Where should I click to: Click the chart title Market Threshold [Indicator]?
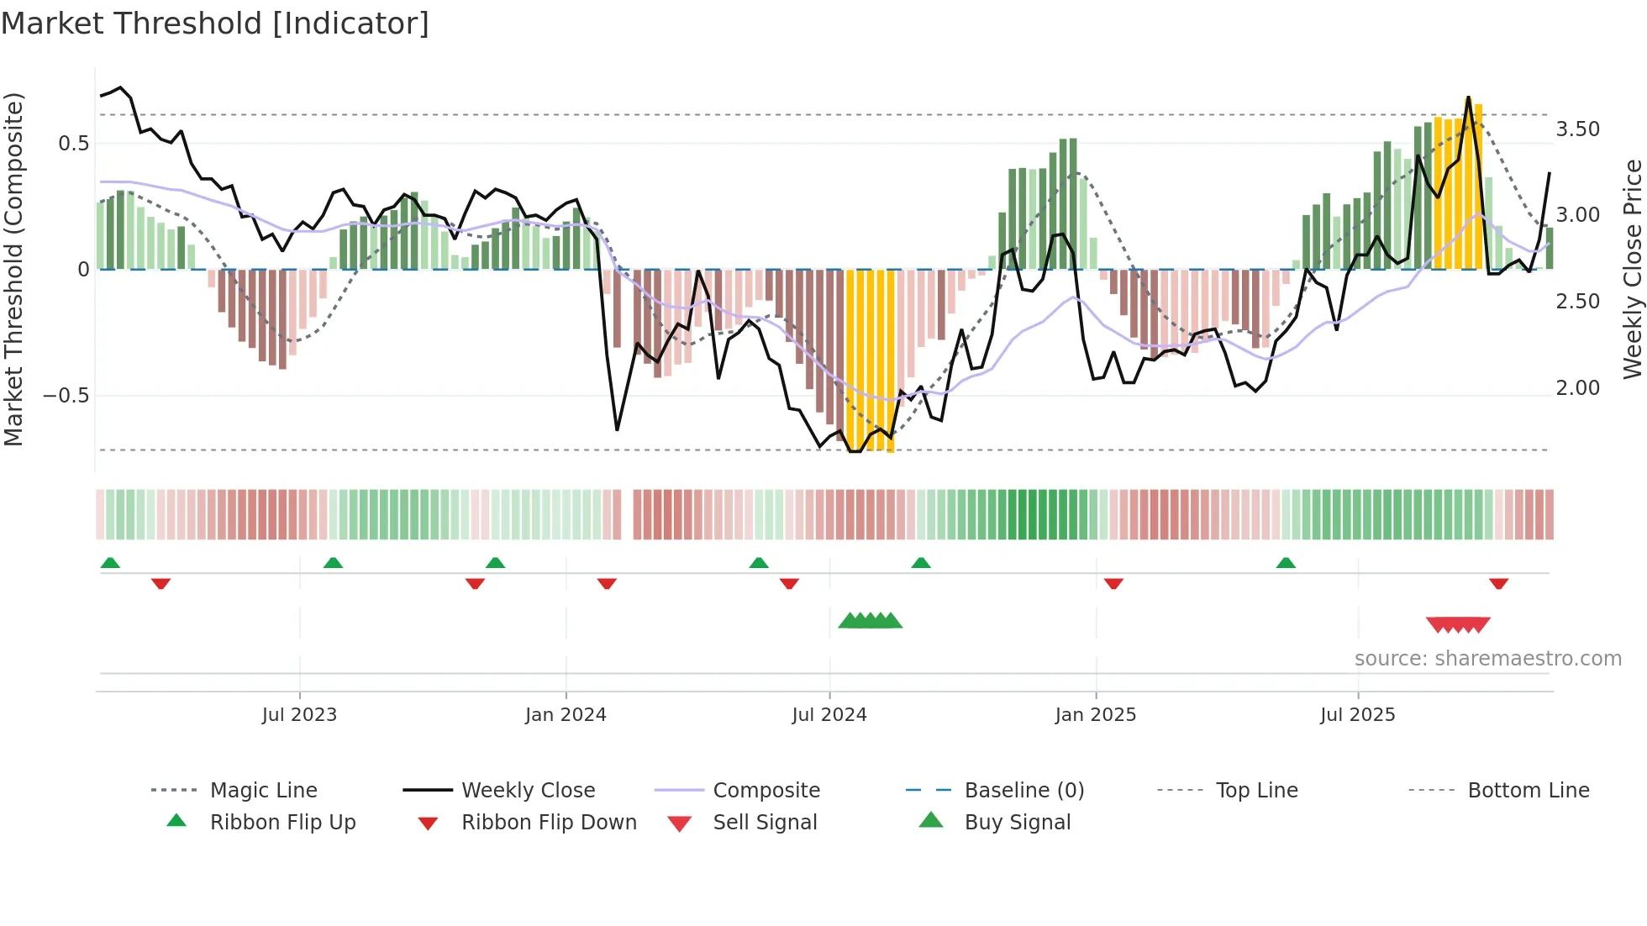click(215, 24)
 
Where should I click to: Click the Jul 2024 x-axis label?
click(829, 714)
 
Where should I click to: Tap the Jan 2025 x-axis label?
click(1095, 714)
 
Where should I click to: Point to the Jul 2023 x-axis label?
click(299, 714)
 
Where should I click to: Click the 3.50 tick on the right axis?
click(1577, 129)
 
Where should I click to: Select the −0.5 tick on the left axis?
click(66, 396)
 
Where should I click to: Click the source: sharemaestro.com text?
click(1487, 659)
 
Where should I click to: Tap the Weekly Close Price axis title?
click(1632, 269)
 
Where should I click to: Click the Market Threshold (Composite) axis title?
click(13, 269)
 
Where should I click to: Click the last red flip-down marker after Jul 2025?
click(1498, 583)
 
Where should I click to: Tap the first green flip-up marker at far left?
click(110, 563)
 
